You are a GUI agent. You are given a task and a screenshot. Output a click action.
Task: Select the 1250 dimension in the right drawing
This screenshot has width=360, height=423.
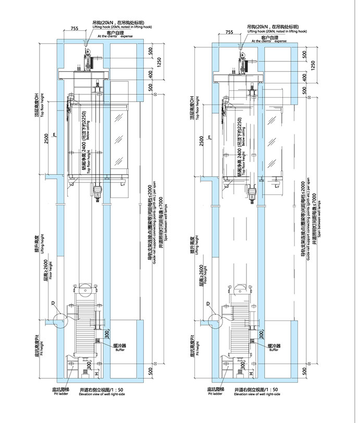coord(313,64)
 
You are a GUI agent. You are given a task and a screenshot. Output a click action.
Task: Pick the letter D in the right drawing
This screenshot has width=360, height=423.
coord(207,304)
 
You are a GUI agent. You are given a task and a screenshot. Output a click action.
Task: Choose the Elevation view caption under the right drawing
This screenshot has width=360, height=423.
coord(257,394)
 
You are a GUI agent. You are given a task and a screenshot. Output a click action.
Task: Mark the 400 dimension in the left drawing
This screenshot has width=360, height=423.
coord(150,77)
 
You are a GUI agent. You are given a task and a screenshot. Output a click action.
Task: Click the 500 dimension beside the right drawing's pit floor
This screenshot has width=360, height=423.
coord(306,371)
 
